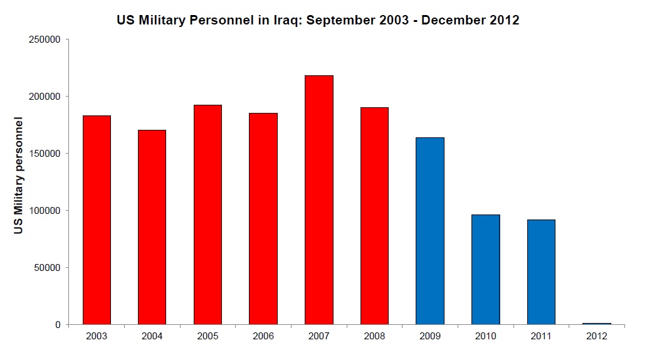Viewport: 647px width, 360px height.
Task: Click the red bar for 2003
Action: click(97, 220)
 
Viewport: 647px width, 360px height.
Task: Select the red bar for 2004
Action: click(152, 227)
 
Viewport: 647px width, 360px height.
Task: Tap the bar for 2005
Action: click(208, 214)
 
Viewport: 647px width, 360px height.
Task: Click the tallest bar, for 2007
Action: click(318, 199)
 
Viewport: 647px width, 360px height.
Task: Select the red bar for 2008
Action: click(374, 216)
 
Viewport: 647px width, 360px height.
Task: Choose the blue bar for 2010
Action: click(485, 270)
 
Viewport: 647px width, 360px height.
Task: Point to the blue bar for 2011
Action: click(540, 272)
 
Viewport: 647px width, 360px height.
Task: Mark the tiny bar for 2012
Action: click(596, 324)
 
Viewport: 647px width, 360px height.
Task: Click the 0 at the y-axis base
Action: click(57, 325)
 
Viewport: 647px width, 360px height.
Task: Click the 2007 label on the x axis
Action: click(318, 336)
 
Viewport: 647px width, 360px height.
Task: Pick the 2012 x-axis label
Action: click(596, 336)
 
